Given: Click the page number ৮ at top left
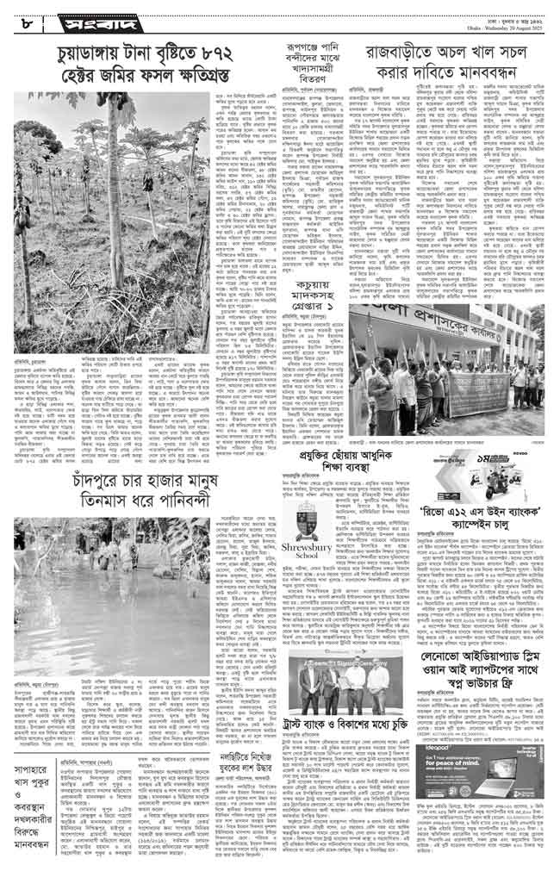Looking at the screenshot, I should point(17,15).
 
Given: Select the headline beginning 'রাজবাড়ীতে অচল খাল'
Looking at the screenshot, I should point(451,62).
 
